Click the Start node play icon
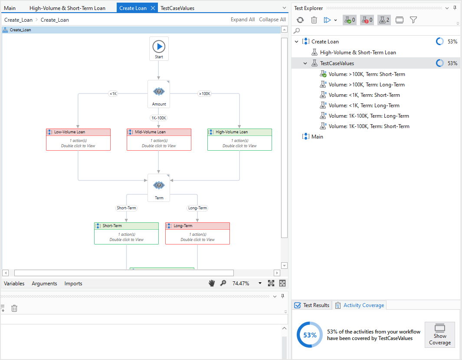tap(159, 46)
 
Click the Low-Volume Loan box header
tap(78, 132)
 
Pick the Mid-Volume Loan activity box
tap(159, 140)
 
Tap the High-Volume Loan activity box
tap(239, 140)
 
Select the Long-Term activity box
tap(197, 234)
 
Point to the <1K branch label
tap(113, 93)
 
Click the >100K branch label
tap(204, 93)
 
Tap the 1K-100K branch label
tap(159, 118)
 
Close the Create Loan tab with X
tap(153, 8)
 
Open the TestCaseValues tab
tap(177, 8)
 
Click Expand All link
tap(242, 20)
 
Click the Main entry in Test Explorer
tap(317, 137)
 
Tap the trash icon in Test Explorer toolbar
tap(314, 20)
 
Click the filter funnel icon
tap(413, 20)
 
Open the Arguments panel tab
tap(44, 284)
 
